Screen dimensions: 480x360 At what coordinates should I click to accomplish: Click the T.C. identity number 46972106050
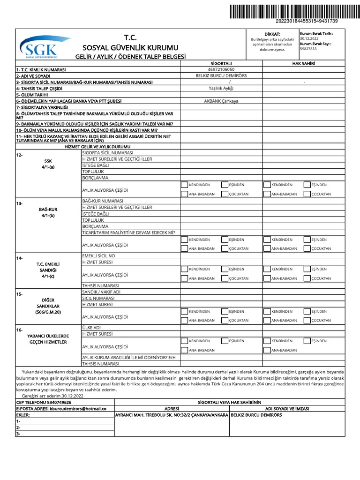click(221, 69)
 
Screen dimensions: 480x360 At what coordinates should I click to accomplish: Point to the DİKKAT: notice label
click(272, 34)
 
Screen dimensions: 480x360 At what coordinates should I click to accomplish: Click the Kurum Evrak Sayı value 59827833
click(308, 49)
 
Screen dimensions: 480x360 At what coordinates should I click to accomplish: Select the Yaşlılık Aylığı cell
click(221, 88)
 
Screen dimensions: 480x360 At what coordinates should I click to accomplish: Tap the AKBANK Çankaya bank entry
click(221, 101)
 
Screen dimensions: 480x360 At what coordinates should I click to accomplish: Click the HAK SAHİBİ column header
click(303, 63)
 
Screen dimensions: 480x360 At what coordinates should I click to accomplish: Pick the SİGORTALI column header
click(221, 63)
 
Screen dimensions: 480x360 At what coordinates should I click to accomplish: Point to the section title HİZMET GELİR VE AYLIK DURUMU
click(97, 147)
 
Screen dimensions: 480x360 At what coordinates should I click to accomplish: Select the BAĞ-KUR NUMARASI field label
click(102, 201)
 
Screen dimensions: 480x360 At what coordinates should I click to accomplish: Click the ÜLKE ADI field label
click(92, 328)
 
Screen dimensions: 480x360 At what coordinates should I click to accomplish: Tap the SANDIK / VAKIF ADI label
click(101, 292)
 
